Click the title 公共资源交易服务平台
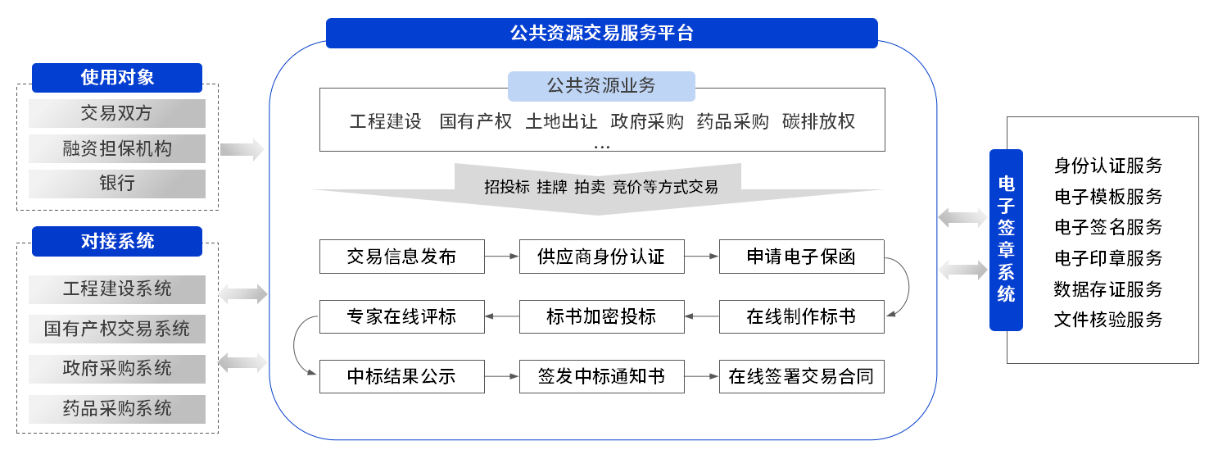click(x=601, y=33)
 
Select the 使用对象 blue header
click(x=117, y=78)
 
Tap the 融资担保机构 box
click(x=117, y=148)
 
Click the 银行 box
click(x=117, y=184)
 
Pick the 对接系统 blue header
click(x=117, y=241)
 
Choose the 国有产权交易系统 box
click(x=117, y=329)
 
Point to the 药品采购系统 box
click(x=117, y=409)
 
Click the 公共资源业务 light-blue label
click(x=601, y=86)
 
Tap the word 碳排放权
click(x=818, y=121)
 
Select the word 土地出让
click(x=561, y=121)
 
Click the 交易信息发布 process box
click(x=402, y=257)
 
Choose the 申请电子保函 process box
click(x=801, y=257)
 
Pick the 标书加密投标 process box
click(x=601, y=316)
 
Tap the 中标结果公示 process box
click(x=402, y=376)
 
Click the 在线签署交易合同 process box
click(x=801, y=376)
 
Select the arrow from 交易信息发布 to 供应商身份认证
click(x=502, y=257)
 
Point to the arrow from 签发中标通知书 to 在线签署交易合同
click(x=701, y=376)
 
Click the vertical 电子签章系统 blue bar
click(x=1006, y=240)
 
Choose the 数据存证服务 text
click(x=1107, y=289)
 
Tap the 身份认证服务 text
click(x=1107, y=166)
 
